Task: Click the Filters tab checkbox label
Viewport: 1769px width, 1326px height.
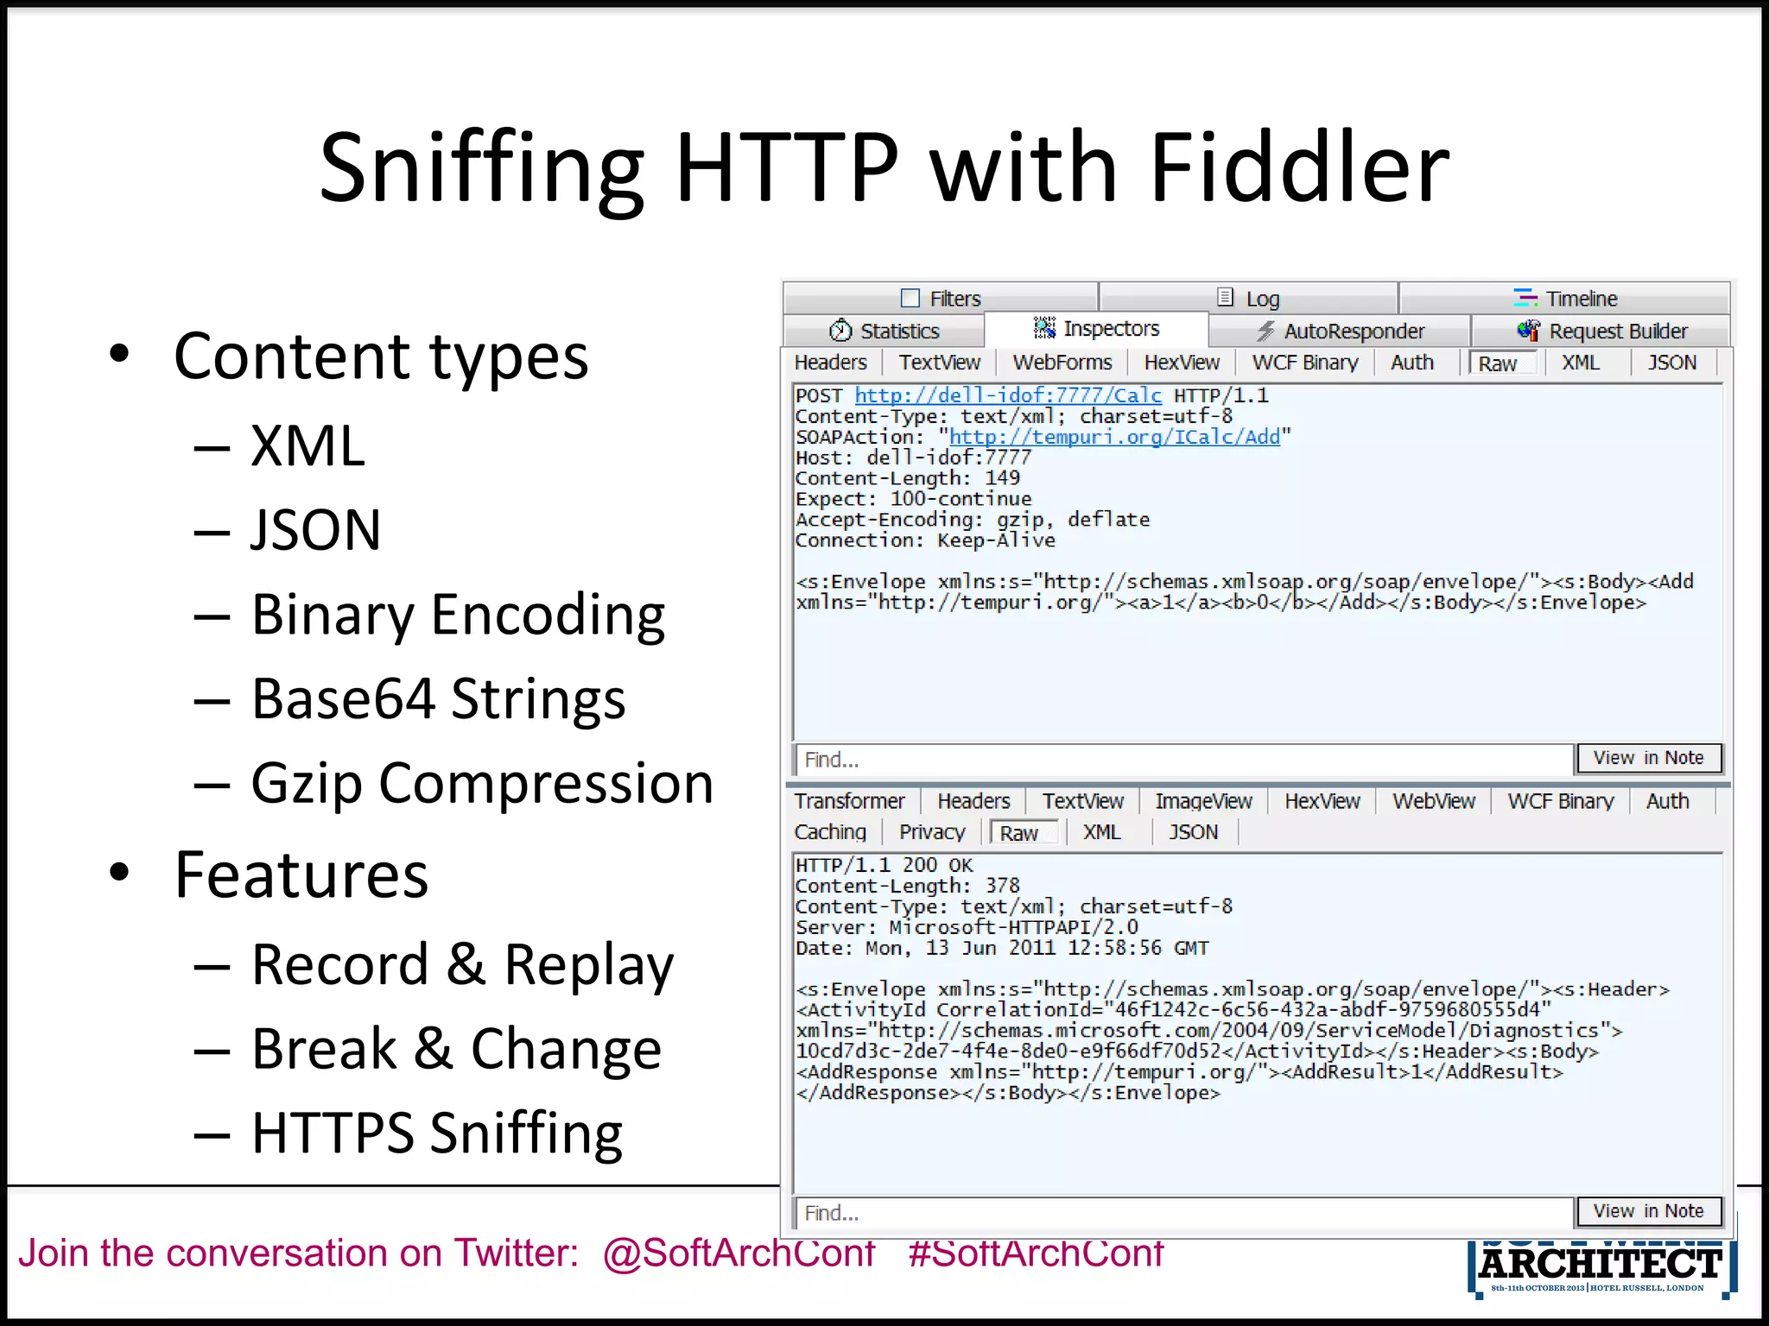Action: pos(954,299)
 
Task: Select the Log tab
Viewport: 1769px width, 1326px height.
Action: pos(1261,299)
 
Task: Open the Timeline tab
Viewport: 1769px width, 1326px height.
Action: pos(1580,299)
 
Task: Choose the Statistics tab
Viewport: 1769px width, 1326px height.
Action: pos(898,331)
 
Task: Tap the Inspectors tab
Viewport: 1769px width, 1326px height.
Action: pos(1110,329)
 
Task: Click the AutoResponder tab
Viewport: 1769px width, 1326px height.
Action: pos(1353,331)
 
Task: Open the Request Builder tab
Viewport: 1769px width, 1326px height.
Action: pos(1617,331)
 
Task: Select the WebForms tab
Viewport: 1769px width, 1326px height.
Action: pos(1062,363)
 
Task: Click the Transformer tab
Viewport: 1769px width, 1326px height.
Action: pos(849,801)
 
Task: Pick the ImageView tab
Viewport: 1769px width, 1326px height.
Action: pos(1202,801)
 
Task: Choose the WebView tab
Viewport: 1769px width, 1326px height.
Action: pos(1433,801)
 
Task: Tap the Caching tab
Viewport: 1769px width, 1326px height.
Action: pos(830,832)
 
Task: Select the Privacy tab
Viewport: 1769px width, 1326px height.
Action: pos(931,832)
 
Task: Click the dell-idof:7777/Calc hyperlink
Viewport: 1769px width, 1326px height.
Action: pos(1007,395)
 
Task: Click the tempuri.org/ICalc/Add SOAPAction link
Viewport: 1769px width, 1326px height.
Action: pos(1113,437)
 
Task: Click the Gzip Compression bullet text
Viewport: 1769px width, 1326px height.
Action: pos(482,783)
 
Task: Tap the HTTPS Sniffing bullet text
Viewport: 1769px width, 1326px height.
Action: pos(436,1133)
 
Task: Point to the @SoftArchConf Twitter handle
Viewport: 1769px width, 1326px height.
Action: pos(739,1253)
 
